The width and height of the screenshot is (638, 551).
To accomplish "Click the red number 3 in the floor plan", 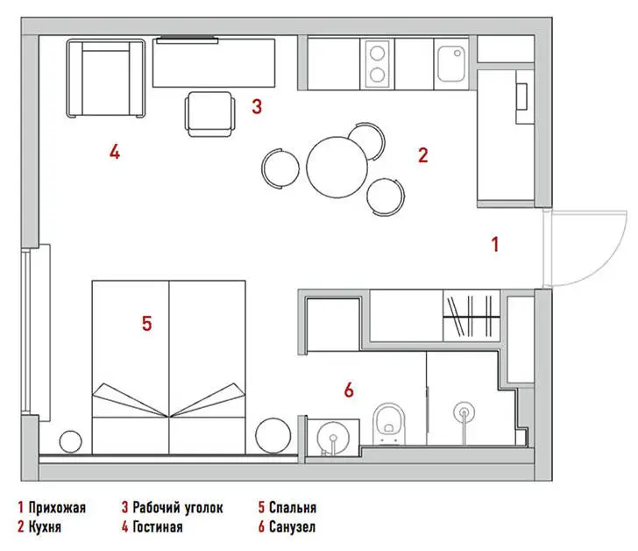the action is (x=257, y=106).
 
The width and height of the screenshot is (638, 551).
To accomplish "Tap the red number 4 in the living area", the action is (x=115, y=152).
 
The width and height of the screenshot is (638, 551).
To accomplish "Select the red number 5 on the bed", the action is (x=147, y=324).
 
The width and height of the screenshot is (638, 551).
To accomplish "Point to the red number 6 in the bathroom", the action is (x=349, y=390).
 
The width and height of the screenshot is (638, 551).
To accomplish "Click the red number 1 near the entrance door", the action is (x=495, y=244).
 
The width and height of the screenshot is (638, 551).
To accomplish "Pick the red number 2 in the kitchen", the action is (x=423, y=155).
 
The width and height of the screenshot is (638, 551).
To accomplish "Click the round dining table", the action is (x=337, y=167).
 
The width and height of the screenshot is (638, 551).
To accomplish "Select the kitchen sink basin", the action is (x=451, y=64).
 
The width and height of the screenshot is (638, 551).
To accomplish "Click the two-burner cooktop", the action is (x=377, y=64).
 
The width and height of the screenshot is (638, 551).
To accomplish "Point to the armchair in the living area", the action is (x=106, y=79).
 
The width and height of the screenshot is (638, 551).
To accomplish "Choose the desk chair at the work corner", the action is (x=210, y=114).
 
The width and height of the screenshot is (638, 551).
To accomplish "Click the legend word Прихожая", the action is (x=57, y=507).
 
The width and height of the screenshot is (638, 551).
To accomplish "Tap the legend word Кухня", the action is (x=45, y=527).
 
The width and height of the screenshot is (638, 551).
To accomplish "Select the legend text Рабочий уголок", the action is (x=178, y=508).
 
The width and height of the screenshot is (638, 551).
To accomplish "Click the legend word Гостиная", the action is (x=158, y=527).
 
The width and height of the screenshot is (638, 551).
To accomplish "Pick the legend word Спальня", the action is (x=293, y=507).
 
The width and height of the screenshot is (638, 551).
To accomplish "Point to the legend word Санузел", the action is (x=292, y=527).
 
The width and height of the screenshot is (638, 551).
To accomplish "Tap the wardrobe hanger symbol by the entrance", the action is (x=471, y=316).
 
